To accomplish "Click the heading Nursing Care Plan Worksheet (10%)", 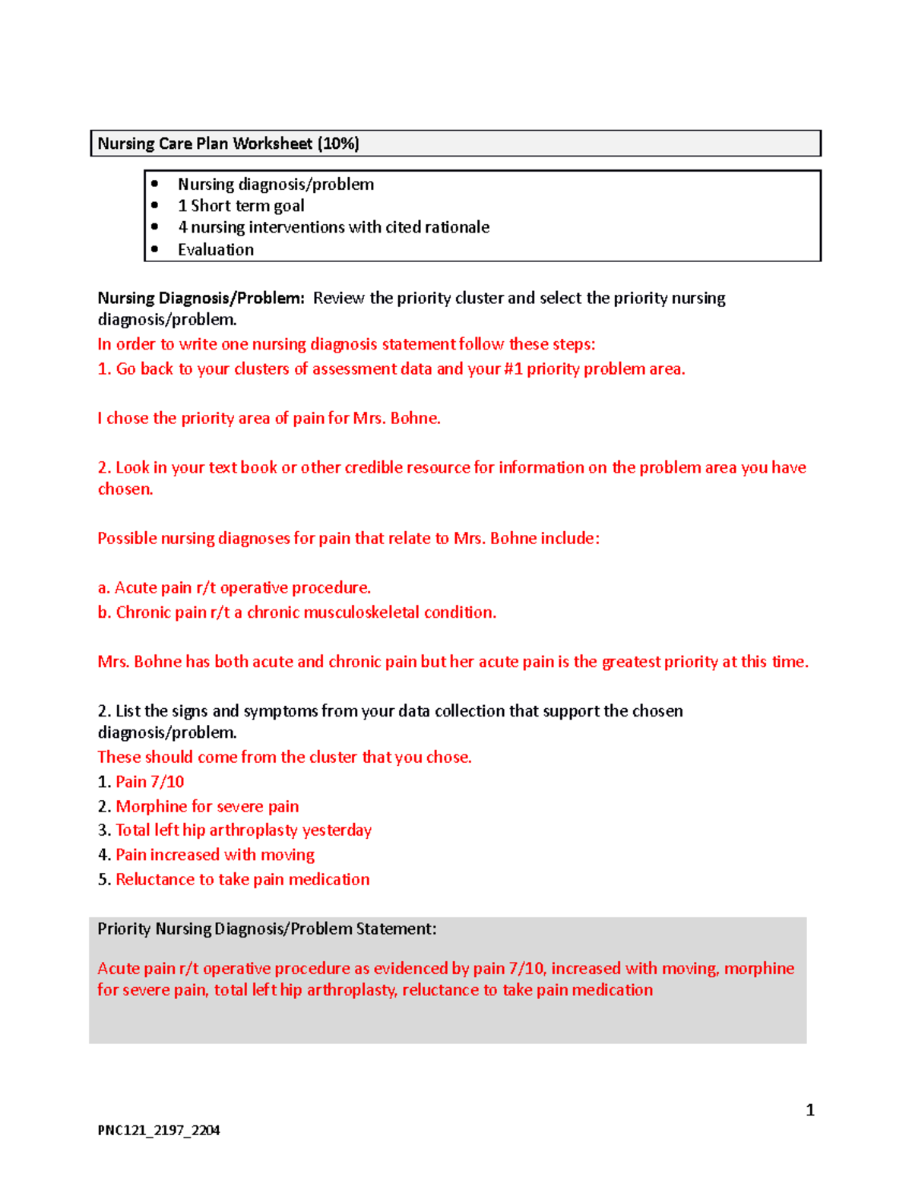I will pos(228,144).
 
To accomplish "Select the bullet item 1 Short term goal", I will pos(241,206).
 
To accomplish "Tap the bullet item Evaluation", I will pos(216,250).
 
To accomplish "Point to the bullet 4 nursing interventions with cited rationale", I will pos(334,227).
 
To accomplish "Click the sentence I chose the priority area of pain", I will pos(269,419).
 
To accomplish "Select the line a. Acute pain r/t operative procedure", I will pos(234,588).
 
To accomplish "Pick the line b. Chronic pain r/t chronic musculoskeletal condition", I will pos(296,612).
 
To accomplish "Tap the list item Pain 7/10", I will pos(150,782).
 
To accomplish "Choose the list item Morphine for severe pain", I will pos(207,806).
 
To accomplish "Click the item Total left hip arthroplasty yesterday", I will pos(243,830).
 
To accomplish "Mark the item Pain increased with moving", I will pos(214,855).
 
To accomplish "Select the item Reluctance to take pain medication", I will pos(242,880).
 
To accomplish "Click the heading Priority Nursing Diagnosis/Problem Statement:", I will pos(267,928).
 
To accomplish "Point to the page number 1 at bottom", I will pos(810,1110).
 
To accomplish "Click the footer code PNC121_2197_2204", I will pos(159,1130).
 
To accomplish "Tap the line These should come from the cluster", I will pos(284,758).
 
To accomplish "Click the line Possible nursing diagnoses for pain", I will pos(348,539).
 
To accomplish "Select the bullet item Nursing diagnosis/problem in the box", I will pos(276,185).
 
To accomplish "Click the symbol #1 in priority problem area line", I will pos(513,369).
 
